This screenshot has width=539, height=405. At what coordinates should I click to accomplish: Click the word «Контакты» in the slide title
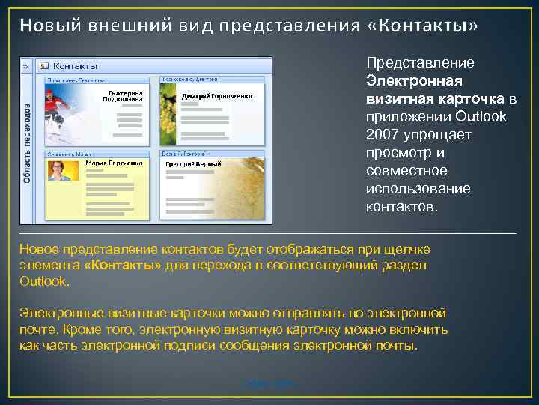coord(423,26)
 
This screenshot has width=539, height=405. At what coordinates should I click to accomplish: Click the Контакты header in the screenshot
coord(76,66)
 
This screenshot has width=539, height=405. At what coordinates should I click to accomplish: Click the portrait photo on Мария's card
coord(60,170)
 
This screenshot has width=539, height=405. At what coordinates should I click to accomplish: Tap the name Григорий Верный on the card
coord(194,163)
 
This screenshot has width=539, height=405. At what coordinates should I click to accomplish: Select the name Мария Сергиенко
coord(113,163)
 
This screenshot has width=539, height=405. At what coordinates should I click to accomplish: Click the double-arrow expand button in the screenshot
coord(25,66)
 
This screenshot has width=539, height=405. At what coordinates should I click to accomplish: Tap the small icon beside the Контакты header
coord(43,66)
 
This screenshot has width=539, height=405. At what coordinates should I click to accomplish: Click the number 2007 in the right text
coord(383,135)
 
